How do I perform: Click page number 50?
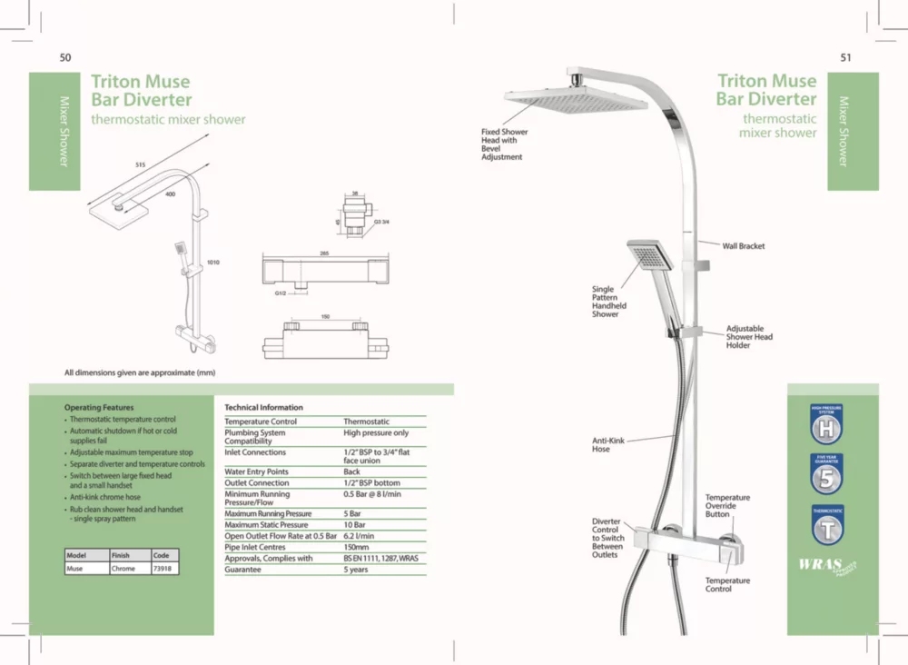pos(65,57)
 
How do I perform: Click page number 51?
pos(845,57)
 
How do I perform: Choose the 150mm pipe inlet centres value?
pos(356,548)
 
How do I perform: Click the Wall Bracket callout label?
pos(743,246)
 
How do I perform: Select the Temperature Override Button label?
pos(727,506)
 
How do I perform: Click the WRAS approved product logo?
pos(826,566)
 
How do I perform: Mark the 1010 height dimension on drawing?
pos(213,262)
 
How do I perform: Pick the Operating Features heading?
pos(99,408)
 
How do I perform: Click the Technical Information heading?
pos(263,407)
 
